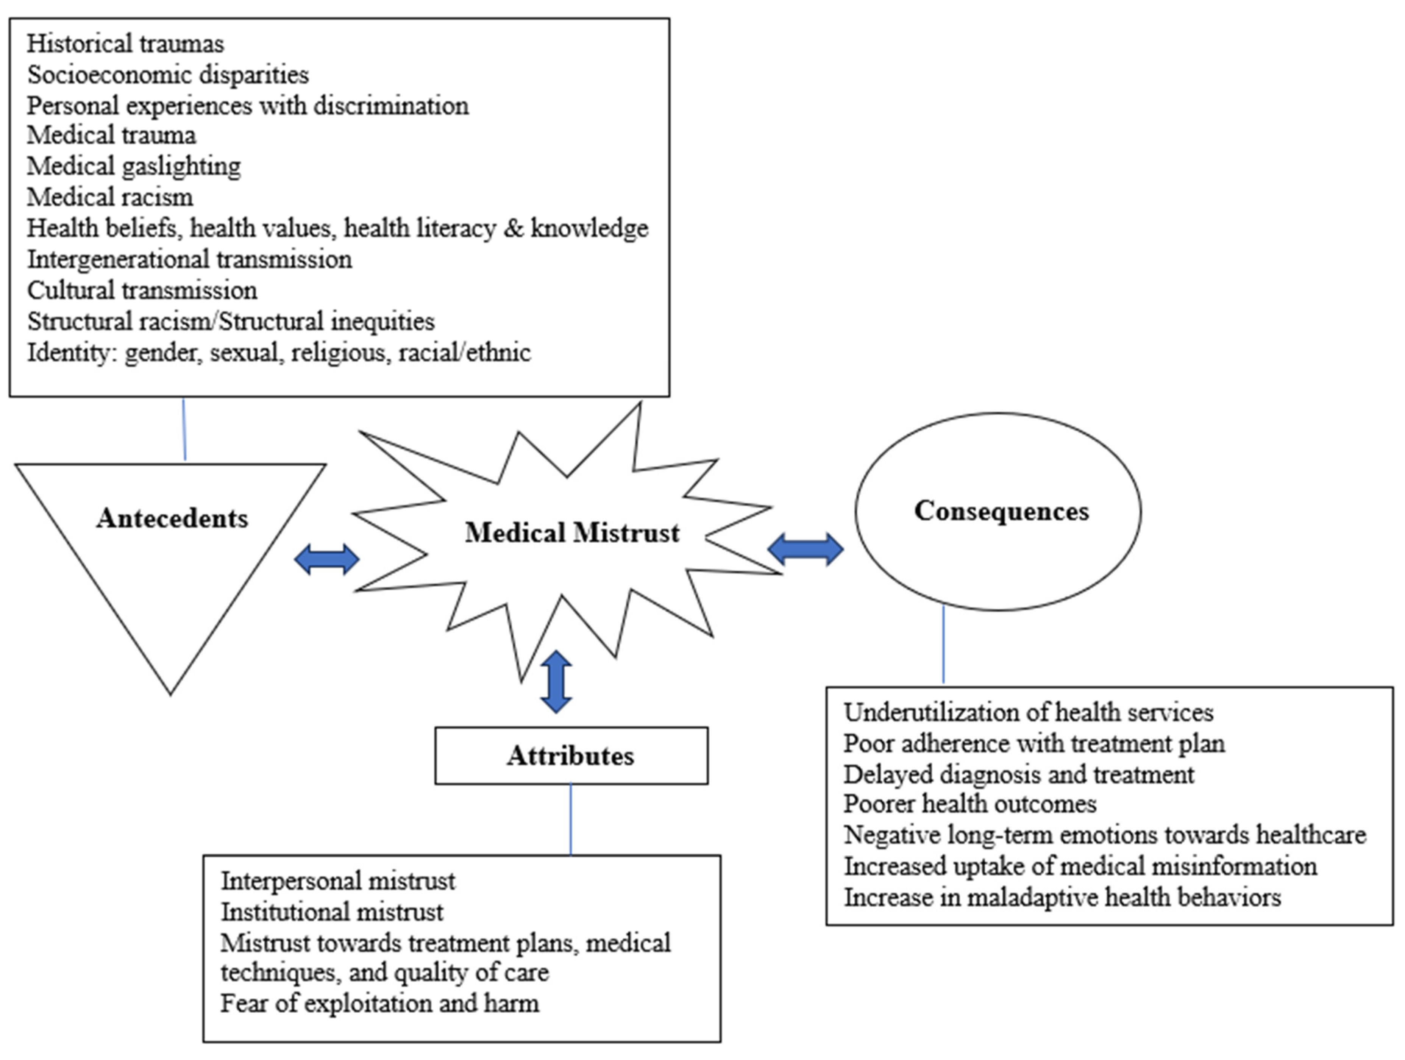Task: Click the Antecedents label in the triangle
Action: (172, 518)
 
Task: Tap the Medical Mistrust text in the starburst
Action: (571, 532)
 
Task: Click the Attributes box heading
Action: (570, 756)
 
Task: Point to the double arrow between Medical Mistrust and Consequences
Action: (806, 549)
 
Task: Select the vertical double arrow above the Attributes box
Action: (556, 681)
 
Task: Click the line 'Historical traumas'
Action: (125, 44)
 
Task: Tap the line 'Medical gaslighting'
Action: (133, 166)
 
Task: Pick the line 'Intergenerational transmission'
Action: (189, 259)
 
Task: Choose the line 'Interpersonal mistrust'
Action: (338, 881)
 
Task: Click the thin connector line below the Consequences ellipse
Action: (943, 645)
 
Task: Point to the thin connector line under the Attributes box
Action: (570, 819)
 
